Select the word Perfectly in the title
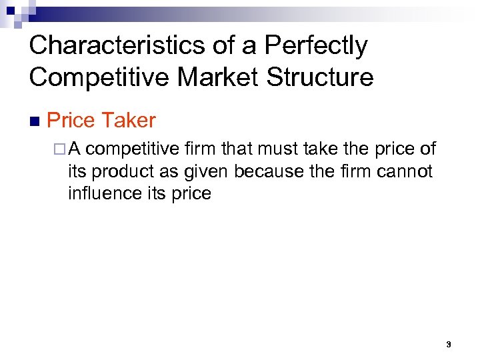tap(315, 45)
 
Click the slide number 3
tap(449, 345)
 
